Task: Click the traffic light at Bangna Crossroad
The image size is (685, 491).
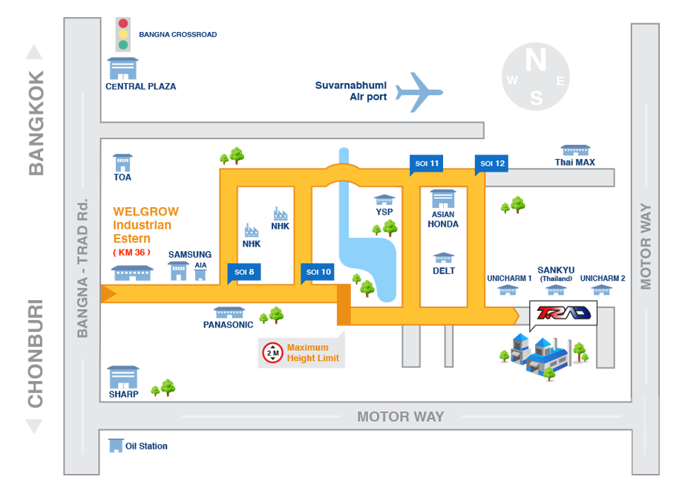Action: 123,33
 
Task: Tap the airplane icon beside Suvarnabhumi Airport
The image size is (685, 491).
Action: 419,92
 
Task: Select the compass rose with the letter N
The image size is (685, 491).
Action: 536,76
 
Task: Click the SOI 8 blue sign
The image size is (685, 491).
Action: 243,273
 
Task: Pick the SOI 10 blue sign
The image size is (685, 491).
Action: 318,273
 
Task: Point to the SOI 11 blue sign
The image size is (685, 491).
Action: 427,163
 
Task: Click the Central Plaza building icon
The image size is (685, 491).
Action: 122,68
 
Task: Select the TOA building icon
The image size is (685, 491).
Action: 122,163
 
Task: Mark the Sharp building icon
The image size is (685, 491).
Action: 122,377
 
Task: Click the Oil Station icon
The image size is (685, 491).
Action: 116,446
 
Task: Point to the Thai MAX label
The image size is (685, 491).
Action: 575,163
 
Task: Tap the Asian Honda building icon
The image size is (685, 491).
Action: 443,198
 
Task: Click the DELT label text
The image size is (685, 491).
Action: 443,271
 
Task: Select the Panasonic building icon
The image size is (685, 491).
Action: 229,313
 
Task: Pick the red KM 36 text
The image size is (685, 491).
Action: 131,253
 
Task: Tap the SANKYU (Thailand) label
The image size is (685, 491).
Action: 556,274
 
